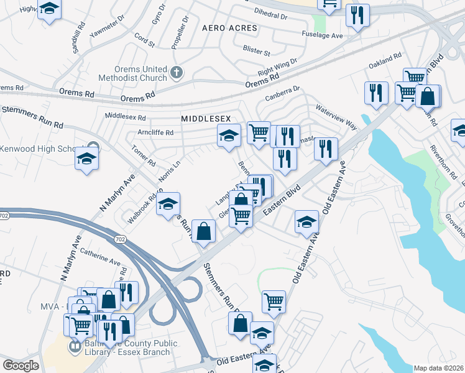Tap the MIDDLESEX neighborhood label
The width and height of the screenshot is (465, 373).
click(206, 118)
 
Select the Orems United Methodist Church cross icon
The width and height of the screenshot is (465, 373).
click(177, 73)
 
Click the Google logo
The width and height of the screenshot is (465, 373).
click(21, 366)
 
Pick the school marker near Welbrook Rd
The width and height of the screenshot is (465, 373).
click(168, 204)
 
